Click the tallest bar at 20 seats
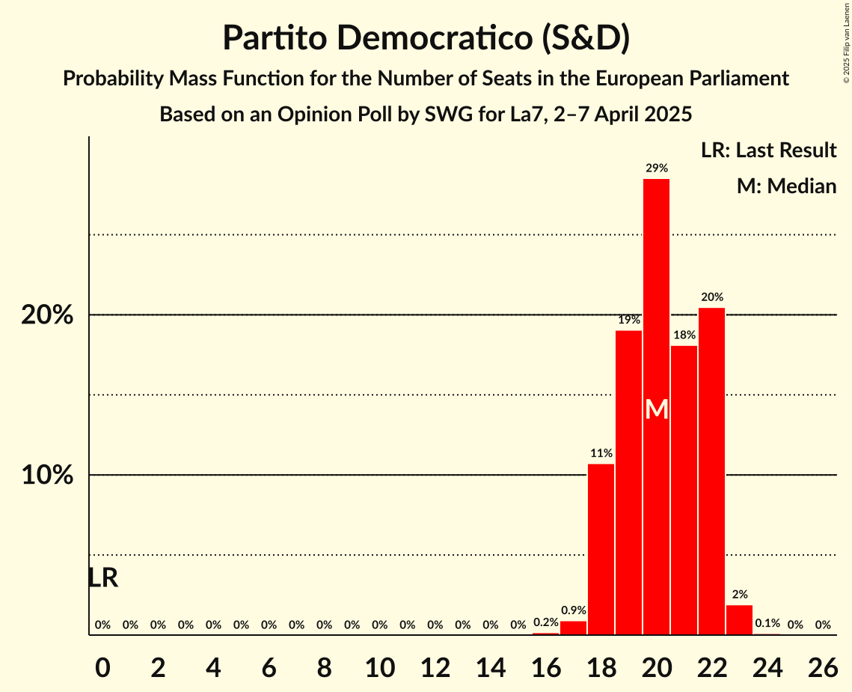[657, 300]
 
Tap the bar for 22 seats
[712, 471]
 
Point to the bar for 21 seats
[684, 490]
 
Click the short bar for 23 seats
[740, 620]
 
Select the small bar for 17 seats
[574, 628]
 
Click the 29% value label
[657, 168]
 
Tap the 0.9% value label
[574, 610]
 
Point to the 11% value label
[601, 453]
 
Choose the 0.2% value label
[546, 622]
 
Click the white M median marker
[657, 409]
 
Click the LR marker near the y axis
[102, 578]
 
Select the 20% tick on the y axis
[47, 315]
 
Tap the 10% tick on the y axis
[47, 476]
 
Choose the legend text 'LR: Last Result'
[768, 151]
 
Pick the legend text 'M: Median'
[786, 186]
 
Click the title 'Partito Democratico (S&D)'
[426, 38]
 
